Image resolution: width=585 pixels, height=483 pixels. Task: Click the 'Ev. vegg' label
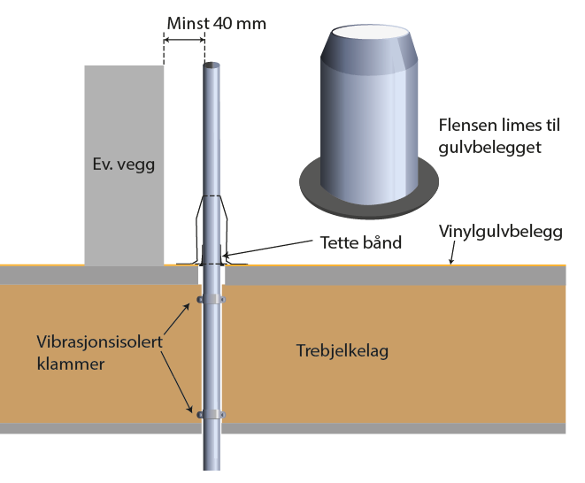pyautogui.click(x=123, y=165)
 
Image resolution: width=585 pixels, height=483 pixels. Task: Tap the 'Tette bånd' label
pyautogui.click(x=359, y=241)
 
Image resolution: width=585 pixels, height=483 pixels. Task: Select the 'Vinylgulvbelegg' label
pyautogui.click(x=500, y=232)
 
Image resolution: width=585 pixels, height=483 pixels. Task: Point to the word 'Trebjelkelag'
pyautogui.click(x=342, y=351)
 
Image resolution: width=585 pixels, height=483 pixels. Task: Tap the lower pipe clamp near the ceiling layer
pyautogui.click(x=211, y=414)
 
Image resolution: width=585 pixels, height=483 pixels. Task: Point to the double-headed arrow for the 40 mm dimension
pyautogui.click(x=184, y=39)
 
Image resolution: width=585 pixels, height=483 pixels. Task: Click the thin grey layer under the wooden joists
pyautogui.click(x=354, y=428)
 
